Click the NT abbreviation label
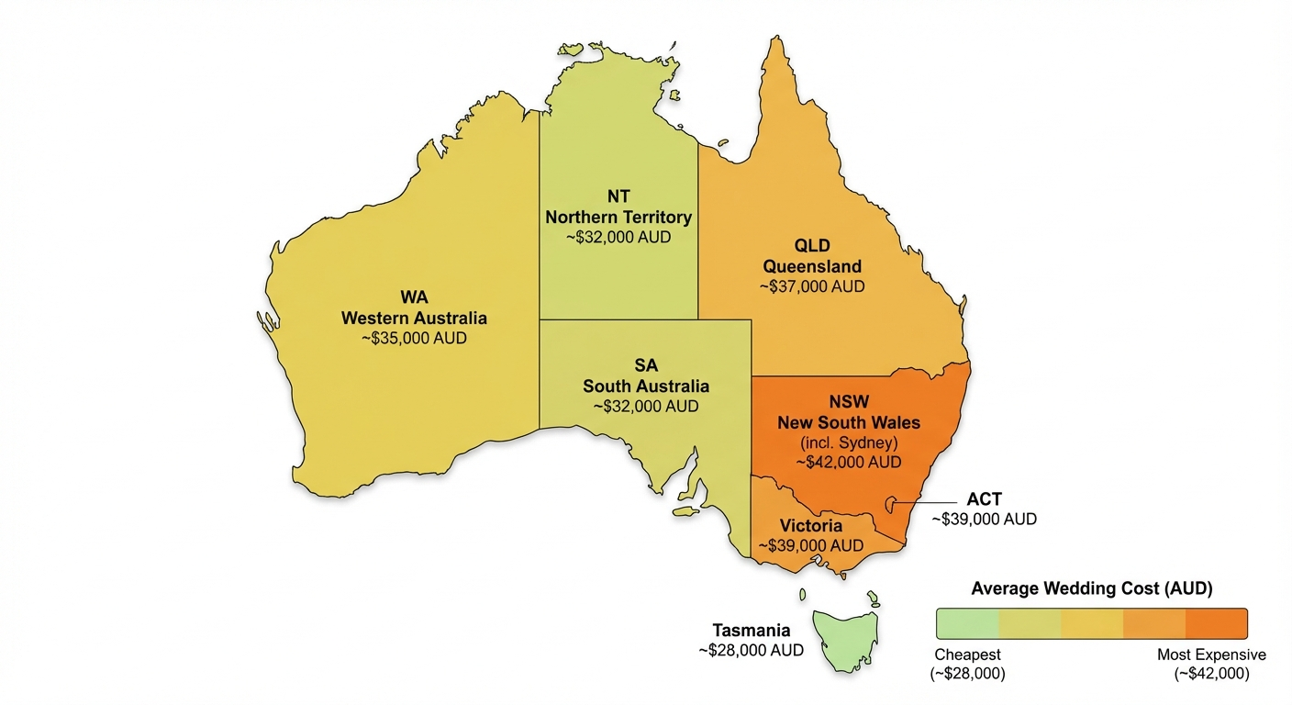coord(618,197)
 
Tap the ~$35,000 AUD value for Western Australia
coord(414,338)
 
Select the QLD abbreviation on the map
coord(812,247)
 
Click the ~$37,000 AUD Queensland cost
coord(812,286)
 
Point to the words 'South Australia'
coord(646,386)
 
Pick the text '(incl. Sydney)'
coord(848,442)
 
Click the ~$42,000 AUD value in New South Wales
coord(848,462)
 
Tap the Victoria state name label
coord(812,526)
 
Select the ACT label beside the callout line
coord(985,499)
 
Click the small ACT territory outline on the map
coord(889,503)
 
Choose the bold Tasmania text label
coord(751,631)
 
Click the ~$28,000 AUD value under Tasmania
coord(751,650)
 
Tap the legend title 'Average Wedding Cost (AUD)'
coord(1091,589)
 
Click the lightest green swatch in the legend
coord(966,623)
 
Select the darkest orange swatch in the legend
coord(1217,623)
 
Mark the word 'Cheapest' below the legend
coord(967,655)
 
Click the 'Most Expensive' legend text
coord(1211,655)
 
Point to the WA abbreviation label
coord(414,297)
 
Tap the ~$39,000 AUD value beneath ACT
coord(985,519)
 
